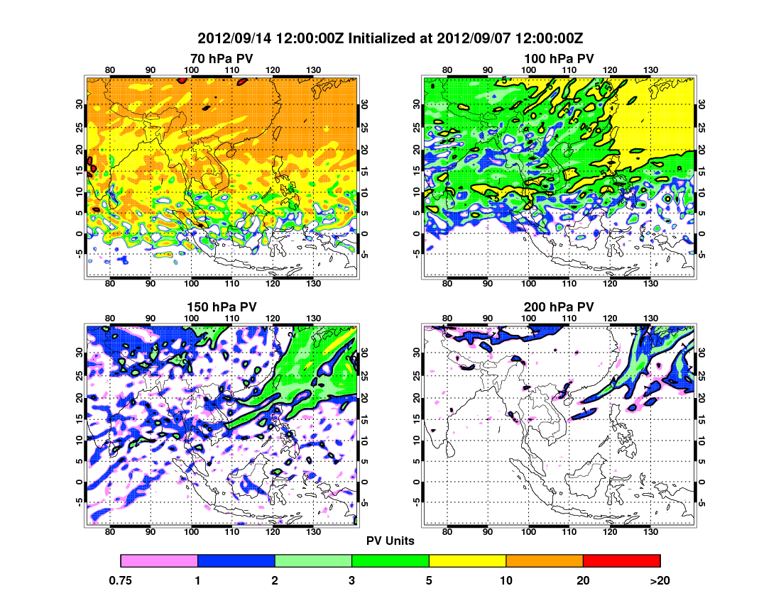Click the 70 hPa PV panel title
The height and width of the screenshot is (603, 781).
[x=222, y=58]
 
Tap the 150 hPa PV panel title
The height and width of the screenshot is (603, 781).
[x=222, y=307]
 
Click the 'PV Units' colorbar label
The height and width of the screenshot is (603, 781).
[x=390, y=541]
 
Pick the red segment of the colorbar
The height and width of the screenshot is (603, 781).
[x=621, y=561]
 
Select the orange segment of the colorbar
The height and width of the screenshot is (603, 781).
[x=545, y=561]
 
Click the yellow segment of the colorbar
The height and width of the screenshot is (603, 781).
[x=467, y=561]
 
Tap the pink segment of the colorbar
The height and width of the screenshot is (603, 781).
[x=159, y=561]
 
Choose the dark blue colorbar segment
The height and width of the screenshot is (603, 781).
[x=236, y=561]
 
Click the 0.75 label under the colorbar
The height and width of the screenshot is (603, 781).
[x=121, y=580]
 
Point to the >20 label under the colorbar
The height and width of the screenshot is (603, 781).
[x=660, y=580]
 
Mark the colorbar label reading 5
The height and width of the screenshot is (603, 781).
[x=429, y=580]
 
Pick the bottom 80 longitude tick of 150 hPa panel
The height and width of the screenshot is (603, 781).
[x=110, y=532]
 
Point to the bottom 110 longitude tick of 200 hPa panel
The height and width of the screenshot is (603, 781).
[x=569, y=532]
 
